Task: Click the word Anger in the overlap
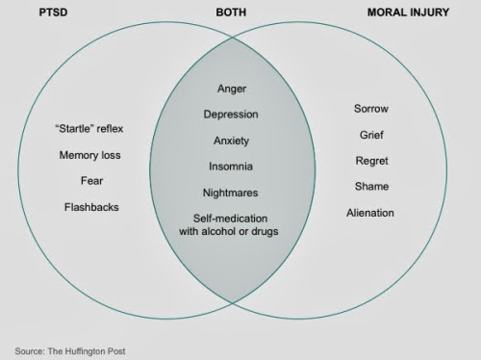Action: click(x=231, y=89)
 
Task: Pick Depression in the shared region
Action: click(x=231, y=115)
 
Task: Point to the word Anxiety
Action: click(x=231, y=141)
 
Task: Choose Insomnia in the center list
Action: click(x=231, y=167)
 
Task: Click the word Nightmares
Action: click(x=231, y=193)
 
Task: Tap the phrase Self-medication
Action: click(x=231, y=218)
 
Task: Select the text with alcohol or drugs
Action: click(x=231, y=232)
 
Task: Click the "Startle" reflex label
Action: click(x=90, y=129)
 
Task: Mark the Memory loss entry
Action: click(x=90, y=155)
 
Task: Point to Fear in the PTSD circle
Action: click(x=90, y=181)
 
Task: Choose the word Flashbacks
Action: click(x=90, y=207)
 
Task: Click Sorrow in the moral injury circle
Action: click(x=371, y=109)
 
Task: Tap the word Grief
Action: click(x=371, y=135)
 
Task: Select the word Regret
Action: click(x=371, y=161)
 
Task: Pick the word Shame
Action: click(x=371, y=187)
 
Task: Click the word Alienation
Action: click(x=371, y=213)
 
